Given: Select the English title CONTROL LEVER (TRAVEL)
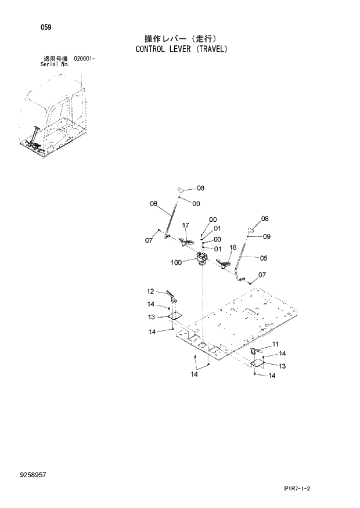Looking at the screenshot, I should (181, 50).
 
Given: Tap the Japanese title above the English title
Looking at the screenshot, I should (181, 39).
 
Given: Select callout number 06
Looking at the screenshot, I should (154, 204).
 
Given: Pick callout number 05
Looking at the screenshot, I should (263, 258).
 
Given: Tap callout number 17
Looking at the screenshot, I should (186, 225).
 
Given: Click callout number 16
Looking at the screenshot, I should (232, 247).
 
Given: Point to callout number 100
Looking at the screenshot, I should (177, 262).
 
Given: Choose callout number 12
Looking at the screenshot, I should (150, 291).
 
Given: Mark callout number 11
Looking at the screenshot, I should (275, 344).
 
